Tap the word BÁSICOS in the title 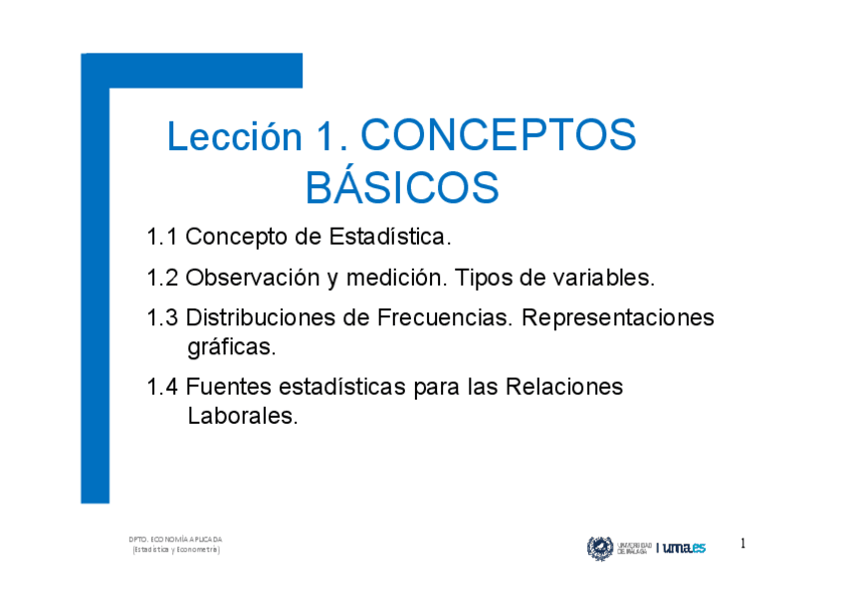coord(401,188)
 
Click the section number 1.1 coord(161,238)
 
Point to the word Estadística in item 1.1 coord(397,238)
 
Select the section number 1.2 coord(161,278)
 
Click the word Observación coord(253,278)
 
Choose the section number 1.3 coord(161,318)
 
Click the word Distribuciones coord(263,318)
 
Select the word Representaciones coord(618,318)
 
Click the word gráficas coord(231,348)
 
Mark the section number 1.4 coord(161,387)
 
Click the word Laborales coord(242,416)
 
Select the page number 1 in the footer coord(742,544)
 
